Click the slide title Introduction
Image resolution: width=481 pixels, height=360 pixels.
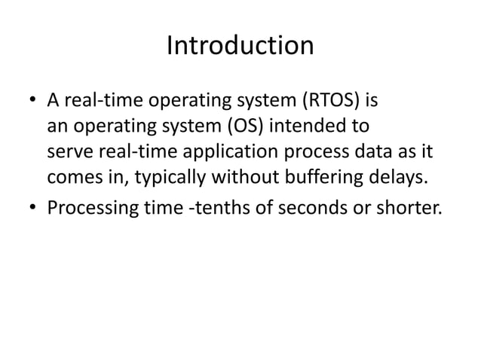pyautogui.click(x=240, y=47)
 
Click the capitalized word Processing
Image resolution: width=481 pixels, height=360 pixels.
pyautogui.click(x=88, y=207)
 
